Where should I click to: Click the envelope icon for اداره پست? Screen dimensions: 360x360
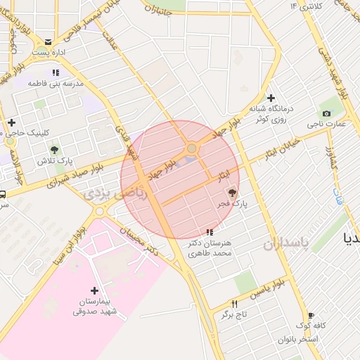click(47, 42)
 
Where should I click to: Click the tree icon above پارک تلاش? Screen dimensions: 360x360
click(54, 149)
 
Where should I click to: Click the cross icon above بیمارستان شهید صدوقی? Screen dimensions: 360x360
click(95, 290)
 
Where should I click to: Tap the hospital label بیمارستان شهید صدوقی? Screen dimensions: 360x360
click(97, 307)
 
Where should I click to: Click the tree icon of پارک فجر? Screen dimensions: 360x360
click(233, 193)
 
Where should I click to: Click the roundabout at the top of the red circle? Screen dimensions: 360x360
click(191, 148)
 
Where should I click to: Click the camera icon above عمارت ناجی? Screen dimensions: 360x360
click(326, 114)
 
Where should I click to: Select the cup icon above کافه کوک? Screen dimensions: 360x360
click(311, 316)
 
